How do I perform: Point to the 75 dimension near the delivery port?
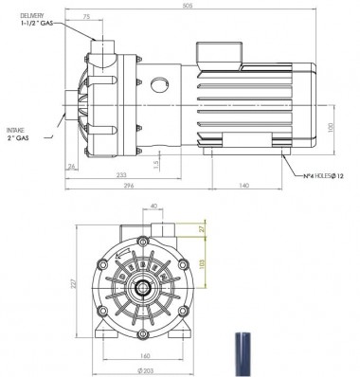click(86, 17)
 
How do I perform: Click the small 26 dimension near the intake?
click(71, 167)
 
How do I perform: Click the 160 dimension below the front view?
click(144, 356)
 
